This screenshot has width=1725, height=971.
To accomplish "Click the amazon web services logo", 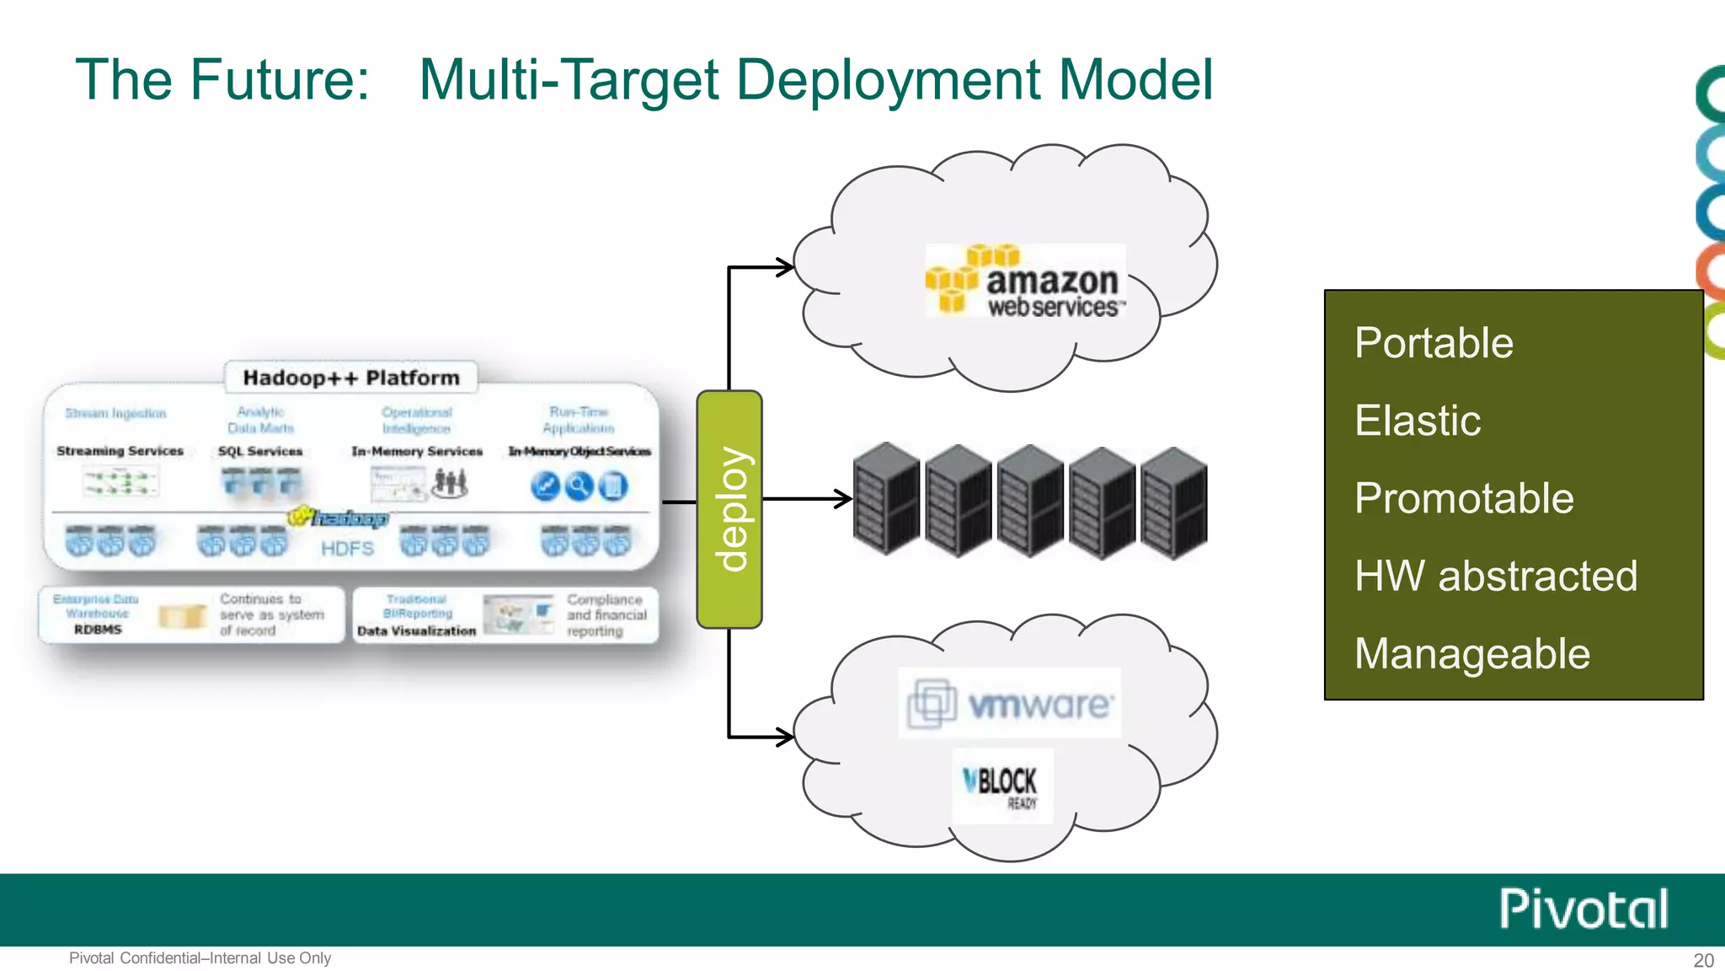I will click(x=1025, y=282).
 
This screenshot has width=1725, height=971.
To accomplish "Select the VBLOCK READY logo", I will click(x=1002, y=786).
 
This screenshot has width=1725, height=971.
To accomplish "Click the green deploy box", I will click(x=729, y=509).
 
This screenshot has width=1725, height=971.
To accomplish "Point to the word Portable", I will click(x=1434, y=343).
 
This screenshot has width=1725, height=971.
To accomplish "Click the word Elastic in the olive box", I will click(x=1418, y=421).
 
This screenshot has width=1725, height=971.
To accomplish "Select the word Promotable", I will click(x=1464, y=498).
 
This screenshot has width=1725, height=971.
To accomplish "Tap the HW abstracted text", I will click(x=1496, y=577).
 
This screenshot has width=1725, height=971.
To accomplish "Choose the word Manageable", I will click(x=1472, y=654).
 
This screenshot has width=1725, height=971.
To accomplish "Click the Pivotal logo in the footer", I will click(x=1583, y=909).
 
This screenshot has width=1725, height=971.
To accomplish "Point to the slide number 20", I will click(x=1703, y=960).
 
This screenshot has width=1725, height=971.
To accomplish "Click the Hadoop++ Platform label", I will click(x=351, y=378).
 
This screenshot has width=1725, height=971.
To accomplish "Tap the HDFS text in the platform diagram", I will click(x=347, y=549).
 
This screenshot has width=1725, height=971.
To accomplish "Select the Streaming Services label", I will click(x=120, y=451).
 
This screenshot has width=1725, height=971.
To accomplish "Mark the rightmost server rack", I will click(x=1174, y=502).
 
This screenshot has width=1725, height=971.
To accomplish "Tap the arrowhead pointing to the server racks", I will click(x=843, y=499).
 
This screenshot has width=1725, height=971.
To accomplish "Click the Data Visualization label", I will click(x=416, y=630).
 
